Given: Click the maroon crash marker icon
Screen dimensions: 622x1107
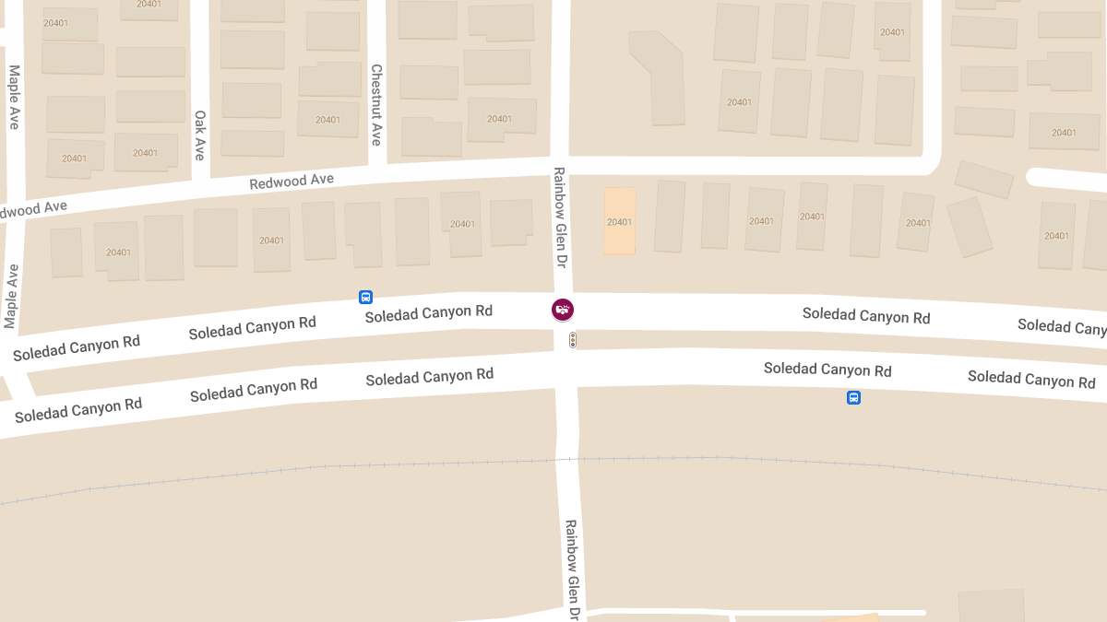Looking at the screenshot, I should (x=563, y=310).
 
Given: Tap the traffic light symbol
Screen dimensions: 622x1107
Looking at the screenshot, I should (x=573, y=340).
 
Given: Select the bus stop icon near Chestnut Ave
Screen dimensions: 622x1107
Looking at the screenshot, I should (x=365, y=297).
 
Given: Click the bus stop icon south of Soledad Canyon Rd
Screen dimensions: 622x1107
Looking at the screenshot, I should (x=853, y=398).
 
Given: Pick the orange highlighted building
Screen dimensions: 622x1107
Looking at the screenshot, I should (x=620, y=221).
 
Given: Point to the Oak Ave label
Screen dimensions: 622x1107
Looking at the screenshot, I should (x=199, y=135).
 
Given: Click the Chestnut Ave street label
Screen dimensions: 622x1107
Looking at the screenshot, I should (x=376, y=104).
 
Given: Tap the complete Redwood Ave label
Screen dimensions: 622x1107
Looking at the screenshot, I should (x=292, y=182).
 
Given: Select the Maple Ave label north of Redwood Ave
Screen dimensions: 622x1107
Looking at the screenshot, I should (x=14, y=96).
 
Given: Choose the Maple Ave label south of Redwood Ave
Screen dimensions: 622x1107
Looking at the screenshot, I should (x=11, y=296).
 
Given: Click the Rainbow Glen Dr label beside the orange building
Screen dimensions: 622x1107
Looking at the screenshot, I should (x=559, y=217).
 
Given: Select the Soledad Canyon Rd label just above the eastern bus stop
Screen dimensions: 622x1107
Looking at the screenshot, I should (x=827, y=370).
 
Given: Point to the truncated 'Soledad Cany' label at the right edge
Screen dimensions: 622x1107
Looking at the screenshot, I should (x=1061, y=326).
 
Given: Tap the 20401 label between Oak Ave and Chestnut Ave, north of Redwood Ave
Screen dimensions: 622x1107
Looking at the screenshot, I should (x=327, y=120).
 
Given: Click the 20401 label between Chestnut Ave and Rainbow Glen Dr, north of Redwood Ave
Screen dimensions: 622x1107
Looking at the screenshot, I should (x=499, y=119).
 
